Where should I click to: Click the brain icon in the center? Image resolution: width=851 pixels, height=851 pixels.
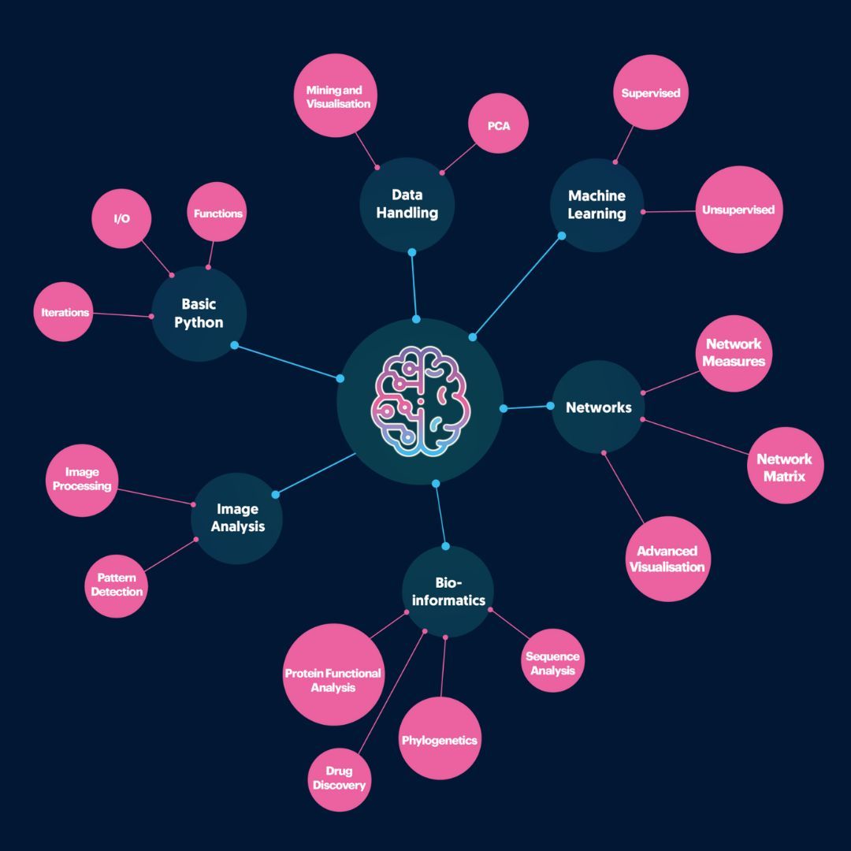420,402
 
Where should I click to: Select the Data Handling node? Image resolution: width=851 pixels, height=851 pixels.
407,204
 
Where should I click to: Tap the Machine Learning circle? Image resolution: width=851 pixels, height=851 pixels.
596,205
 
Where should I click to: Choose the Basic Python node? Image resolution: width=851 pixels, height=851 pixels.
199,313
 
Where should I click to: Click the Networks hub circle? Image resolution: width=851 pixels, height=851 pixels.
599,407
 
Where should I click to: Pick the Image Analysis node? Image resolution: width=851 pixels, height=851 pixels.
237,518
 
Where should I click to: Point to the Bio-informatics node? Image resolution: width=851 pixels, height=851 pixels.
448,592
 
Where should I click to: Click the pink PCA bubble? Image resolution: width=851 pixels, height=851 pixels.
498,125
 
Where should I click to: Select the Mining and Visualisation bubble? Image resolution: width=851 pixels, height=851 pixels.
338,97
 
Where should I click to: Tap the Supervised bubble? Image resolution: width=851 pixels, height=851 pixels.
650,93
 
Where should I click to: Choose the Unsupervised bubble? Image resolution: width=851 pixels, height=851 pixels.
738,210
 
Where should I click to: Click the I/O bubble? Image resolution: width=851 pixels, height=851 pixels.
121,218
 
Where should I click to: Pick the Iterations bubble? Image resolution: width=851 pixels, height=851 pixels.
65,312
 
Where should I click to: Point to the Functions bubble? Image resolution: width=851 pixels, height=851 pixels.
217,214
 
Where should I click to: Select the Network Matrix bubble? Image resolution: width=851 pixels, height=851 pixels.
785,466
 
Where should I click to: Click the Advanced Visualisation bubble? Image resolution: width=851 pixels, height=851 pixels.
668,559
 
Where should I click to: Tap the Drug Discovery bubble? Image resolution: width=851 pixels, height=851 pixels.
339,778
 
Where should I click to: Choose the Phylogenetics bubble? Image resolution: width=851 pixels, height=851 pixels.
440,739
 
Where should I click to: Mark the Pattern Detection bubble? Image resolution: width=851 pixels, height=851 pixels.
117,585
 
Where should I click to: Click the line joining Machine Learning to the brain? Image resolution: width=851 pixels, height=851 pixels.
517,286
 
